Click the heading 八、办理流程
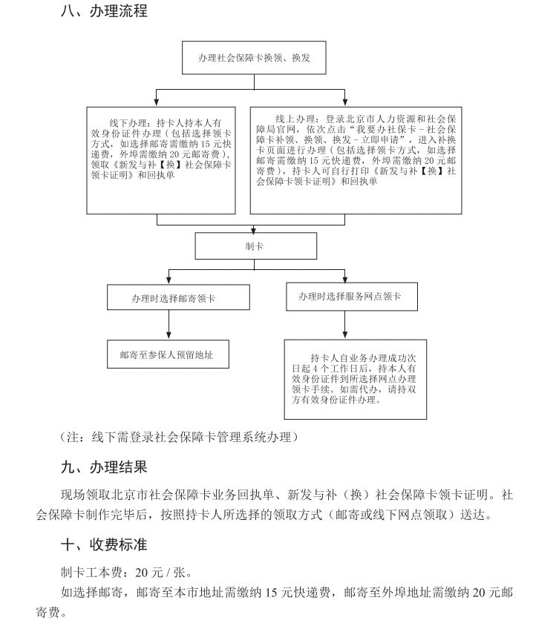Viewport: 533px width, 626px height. (x=104, y=11)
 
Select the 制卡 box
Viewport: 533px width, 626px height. (x=255, y=246)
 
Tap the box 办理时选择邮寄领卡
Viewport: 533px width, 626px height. (x=169, y=297)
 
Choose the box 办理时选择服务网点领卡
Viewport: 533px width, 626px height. (x=350, y=296)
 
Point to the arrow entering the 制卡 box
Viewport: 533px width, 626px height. (x=255, y=228)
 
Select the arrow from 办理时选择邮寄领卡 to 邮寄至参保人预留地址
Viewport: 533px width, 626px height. (x=169, y=324)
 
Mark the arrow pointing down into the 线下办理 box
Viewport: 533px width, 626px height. (x=156, y=99)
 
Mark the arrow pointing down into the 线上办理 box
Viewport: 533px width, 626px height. (x=344, y=99)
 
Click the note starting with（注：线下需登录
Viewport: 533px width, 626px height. (x=178, y=436)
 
